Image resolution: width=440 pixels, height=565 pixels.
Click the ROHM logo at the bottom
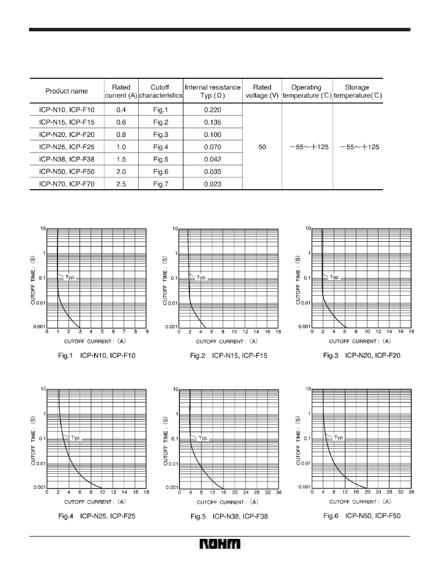220,546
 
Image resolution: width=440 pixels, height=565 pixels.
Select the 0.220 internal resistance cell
212,109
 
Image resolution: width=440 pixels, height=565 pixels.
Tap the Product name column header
67,91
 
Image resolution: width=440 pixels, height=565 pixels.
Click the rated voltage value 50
262,147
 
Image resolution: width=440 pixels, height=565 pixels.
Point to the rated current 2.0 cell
121,172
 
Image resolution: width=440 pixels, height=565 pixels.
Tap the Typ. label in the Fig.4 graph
76,439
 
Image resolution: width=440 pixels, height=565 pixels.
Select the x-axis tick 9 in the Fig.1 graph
146,331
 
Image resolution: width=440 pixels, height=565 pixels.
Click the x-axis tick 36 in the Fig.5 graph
279,492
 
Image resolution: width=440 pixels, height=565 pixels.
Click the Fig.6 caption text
362,515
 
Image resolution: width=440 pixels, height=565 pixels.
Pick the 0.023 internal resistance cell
212,184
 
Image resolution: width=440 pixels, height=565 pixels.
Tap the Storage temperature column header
357,91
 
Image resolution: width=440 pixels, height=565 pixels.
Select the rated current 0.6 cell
121,122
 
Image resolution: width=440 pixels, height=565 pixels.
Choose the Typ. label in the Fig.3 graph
335,277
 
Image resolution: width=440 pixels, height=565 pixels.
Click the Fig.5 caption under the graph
229,516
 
